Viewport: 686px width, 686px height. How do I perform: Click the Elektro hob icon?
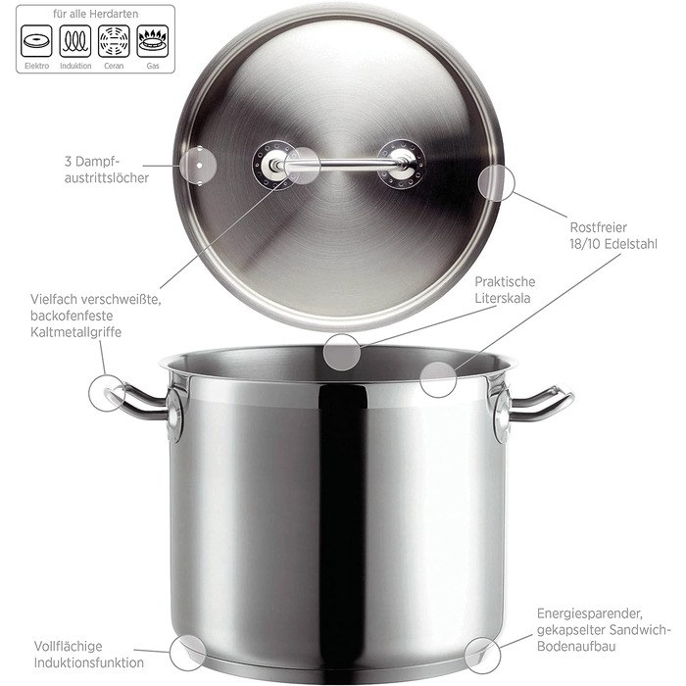click(x=36, y=41)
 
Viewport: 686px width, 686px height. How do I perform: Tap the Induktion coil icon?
click(x=75, y=41)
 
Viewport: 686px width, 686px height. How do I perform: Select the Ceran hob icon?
click(x=114, y=41)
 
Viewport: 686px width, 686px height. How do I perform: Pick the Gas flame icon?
click(x=153, y=41)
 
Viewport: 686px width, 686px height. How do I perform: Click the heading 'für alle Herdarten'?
click(x=95, y=14)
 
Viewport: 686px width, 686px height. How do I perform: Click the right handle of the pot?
click(x=543, y=404)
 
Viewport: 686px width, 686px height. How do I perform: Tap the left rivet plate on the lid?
click(x=274, y=165)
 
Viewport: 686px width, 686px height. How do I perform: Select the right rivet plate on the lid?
click(x=401, y=164)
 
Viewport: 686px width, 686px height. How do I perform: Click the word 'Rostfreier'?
click(x=598, y=227)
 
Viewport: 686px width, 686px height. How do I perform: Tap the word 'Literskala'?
click(x=503, y=298)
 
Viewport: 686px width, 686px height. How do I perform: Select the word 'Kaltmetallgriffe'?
click(x=75, y=332)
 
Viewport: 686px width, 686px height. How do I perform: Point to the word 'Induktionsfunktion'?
click(x=89, y=662)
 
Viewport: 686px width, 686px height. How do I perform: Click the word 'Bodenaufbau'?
click(x=576, y=646)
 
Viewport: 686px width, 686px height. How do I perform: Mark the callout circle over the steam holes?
click(x=199, y=166)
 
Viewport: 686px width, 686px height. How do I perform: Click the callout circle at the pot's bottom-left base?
click(x=188, y=653)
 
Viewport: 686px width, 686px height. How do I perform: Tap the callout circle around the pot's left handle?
click(x=107, y=392)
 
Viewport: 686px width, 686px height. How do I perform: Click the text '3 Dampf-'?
click(x=92, y=162)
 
